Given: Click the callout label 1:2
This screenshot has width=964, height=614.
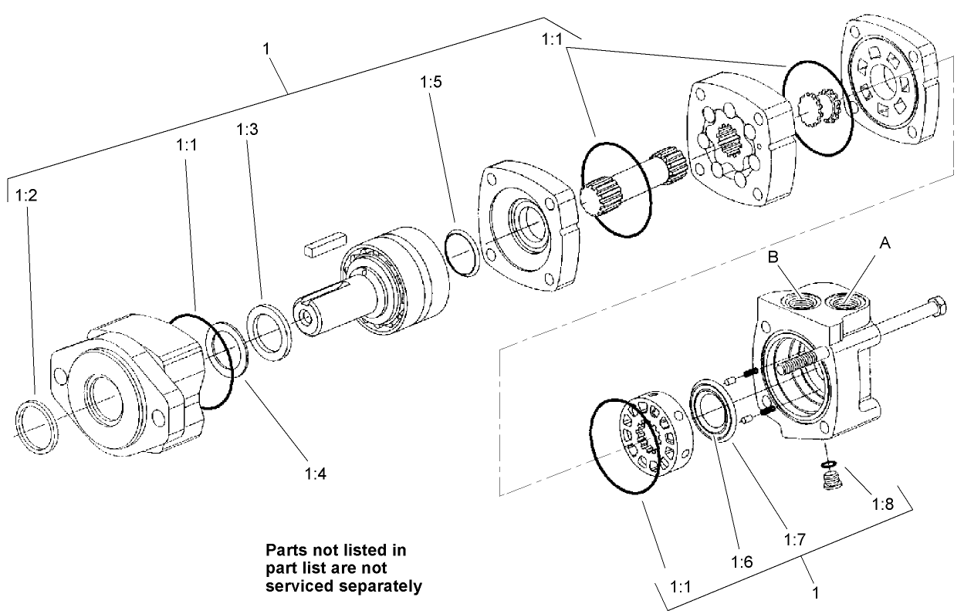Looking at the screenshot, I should [x=26, y=195].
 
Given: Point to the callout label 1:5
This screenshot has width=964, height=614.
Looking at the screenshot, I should [x=431, y=82].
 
